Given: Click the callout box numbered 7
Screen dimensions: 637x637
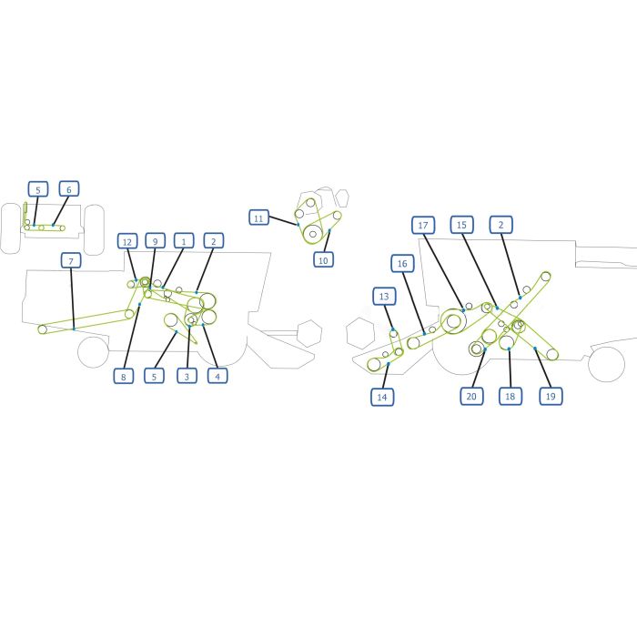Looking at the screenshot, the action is pyautogui.click(x=71, y=260).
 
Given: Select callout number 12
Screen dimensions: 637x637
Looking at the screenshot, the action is pyautogui.click(x=127, y=242).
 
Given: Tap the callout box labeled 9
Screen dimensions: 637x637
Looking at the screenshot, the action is pyautogui.click(x=156, y=241).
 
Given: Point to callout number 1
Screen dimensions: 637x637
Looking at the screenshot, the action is pyautogui.click(x=184, y=241).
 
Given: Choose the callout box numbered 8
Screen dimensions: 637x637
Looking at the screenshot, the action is pyautogui.click(x=124, y=376).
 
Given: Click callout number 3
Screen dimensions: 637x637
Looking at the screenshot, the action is pyautogui.click(x=187, y=376).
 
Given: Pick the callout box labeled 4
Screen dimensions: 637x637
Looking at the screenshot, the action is pyautogui.click(x=217, y=376).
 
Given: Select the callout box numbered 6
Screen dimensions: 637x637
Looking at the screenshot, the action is pyautogui.click(x=68, y=189).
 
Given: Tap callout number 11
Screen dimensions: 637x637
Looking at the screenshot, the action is pyautogui.click(x=258, y=218).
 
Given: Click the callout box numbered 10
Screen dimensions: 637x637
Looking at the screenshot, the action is pyautogui.click(x=323, y=259).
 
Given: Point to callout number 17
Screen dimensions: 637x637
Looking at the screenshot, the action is pyautogui.click(x=423, y=225).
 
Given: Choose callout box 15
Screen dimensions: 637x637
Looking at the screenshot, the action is pyautogui.click(x=461, y=225).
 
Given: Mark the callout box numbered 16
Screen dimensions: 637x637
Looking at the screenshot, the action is pyautogui.click(x=402, y=263).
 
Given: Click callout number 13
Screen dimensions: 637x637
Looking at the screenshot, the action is pyautogui.click(x=384, y=296).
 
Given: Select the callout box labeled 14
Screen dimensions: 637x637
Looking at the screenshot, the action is pyautogui.click(x=382, y=397).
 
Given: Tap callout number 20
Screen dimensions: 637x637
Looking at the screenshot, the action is pyautogui.click(x=471, y=396).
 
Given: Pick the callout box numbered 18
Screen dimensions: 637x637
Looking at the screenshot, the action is pyautogui.click(x=511, y=396).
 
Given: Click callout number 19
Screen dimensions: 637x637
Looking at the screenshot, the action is pyautogui.click(x=551, y=396).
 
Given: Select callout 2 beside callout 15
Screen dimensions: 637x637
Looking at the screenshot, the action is pyautogui.click(x=500, y=225).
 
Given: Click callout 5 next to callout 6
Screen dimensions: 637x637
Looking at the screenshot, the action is pyautogui.click(x=38, y=189).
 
